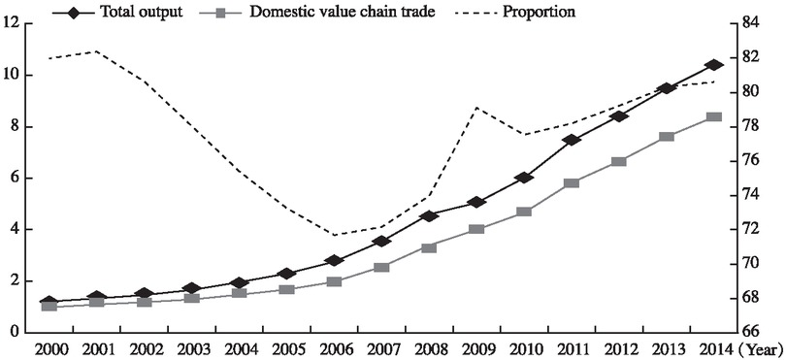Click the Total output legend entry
pyautogui.click(x=141, y=13)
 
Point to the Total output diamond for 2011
pyautogui.click(x=572, y=140)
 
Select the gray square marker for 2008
pyautogui.click(x=429, y=247)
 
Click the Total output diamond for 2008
pyautogui.click(x=429, y=215)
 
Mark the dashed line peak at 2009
pyautogui.click(x=476, y=107)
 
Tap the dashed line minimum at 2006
pyautogui.click(x=335, y=235)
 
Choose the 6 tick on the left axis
pyautogui.click(x=16, y=179)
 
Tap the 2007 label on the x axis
pyautogui.click(x=381, y=347)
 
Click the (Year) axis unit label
pyautogui.click(x=764, y=347)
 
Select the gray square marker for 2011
pyautogui.click(x=572, y=182)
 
